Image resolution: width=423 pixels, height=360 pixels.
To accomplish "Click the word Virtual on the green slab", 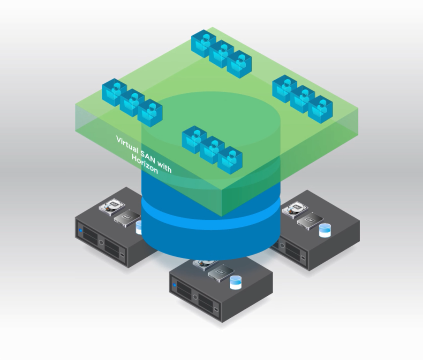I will (x=127, y=143).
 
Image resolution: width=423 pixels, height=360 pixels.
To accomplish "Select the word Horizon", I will (x=145, y=165).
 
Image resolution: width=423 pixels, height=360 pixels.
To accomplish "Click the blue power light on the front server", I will (x=175, y=285).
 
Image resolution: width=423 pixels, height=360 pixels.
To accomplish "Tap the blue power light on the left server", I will (x=81, y=231).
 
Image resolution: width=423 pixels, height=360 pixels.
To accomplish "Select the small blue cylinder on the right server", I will (x=325, y=230).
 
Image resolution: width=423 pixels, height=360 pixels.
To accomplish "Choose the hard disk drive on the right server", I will (x=295, y=209).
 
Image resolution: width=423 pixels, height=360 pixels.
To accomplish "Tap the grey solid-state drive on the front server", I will (x=220, y=273).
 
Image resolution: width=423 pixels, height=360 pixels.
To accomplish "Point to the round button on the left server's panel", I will (x=101, y=242).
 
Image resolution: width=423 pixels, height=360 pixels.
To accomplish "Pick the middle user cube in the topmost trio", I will (x=221, y=53).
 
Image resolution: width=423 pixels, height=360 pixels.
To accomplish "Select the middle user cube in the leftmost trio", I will (x=132, y=102).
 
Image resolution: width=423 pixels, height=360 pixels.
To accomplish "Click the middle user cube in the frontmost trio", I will (x=212, y=150).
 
